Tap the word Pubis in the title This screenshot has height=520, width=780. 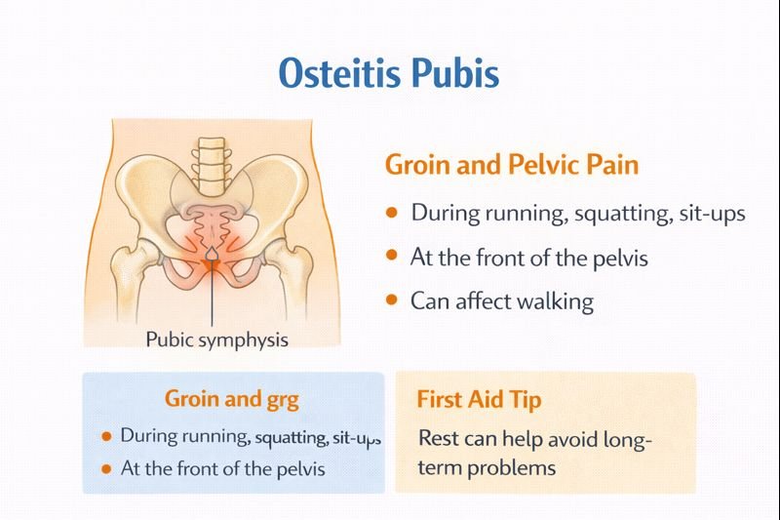[x=457, y=73]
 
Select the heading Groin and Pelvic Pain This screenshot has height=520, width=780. [x=512, y=164]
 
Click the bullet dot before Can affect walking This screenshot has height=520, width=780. [x=392, y=300]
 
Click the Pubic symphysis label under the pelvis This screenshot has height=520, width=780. [x=216, y=340]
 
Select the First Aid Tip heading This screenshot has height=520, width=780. [x=479, y=400]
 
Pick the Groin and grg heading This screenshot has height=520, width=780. [x=231, y=399]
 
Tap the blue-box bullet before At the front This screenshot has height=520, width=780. [x=106, y=468]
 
